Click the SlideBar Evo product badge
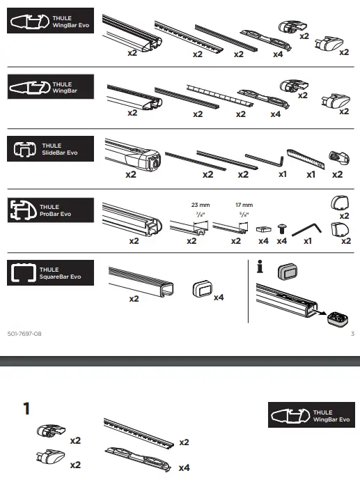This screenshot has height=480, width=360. (x=49, y=148)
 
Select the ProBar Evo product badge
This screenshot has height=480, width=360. (x=49, y=210)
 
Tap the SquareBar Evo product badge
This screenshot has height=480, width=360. (x=49, y=272)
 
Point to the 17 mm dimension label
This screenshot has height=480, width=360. (x=244, y=205)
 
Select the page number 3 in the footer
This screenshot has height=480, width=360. (x=352, y=334)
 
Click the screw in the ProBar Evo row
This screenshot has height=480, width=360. (x=282, y=229)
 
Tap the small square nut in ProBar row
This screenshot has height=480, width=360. (x=263, y=229)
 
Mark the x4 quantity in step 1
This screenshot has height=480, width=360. (x=184, y=468)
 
